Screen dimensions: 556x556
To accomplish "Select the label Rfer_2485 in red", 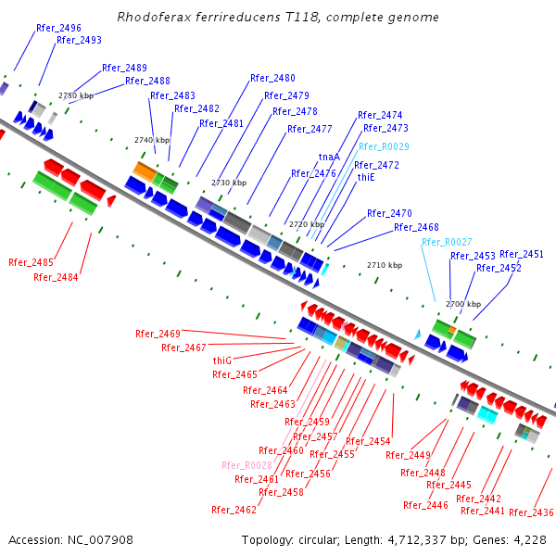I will pos(31,262).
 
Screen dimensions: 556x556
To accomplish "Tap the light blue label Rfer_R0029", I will pos(384,146).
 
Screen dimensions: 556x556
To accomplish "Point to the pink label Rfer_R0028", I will pos(246,465).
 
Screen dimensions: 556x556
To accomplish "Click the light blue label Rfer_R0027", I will pos(447,242).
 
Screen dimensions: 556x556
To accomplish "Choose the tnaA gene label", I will pos(329,157).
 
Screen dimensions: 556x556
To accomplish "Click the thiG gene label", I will pos(222,360).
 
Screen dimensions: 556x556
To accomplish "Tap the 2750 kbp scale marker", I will pos(76,95).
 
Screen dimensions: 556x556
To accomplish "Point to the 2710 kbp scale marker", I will pos(385,265).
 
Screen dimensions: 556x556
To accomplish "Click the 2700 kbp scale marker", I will pos(463,304).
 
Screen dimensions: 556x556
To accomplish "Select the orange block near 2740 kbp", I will pos(145,170).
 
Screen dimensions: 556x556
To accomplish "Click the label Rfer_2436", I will pos(531,512).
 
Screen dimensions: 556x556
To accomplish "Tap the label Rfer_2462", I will pos(234,510).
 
